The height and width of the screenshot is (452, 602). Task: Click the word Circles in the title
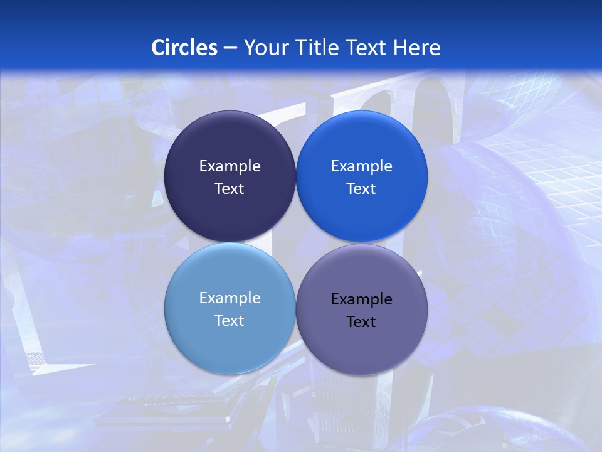tap(184, 48)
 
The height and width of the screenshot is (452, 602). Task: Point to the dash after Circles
tap(230, 48)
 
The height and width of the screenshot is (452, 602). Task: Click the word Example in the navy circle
tap(230, 166)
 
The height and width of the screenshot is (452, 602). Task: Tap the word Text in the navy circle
tap(230, 188)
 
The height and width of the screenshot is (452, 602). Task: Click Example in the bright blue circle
tap(362, 166)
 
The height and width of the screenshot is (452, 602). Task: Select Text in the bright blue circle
tap(362, 188)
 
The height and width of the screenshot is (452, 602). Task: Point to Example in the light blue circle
tap(230, 298)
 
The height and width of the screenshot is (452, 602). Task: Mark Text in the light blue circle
tap(230, 320)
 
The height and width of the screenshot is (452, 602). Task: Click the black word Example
tap(362, 299)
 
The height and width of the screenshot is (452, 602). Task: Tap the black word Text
tap(362, 321)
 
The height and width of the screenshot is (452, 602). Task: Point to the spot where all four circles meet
tap(296, 242)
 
